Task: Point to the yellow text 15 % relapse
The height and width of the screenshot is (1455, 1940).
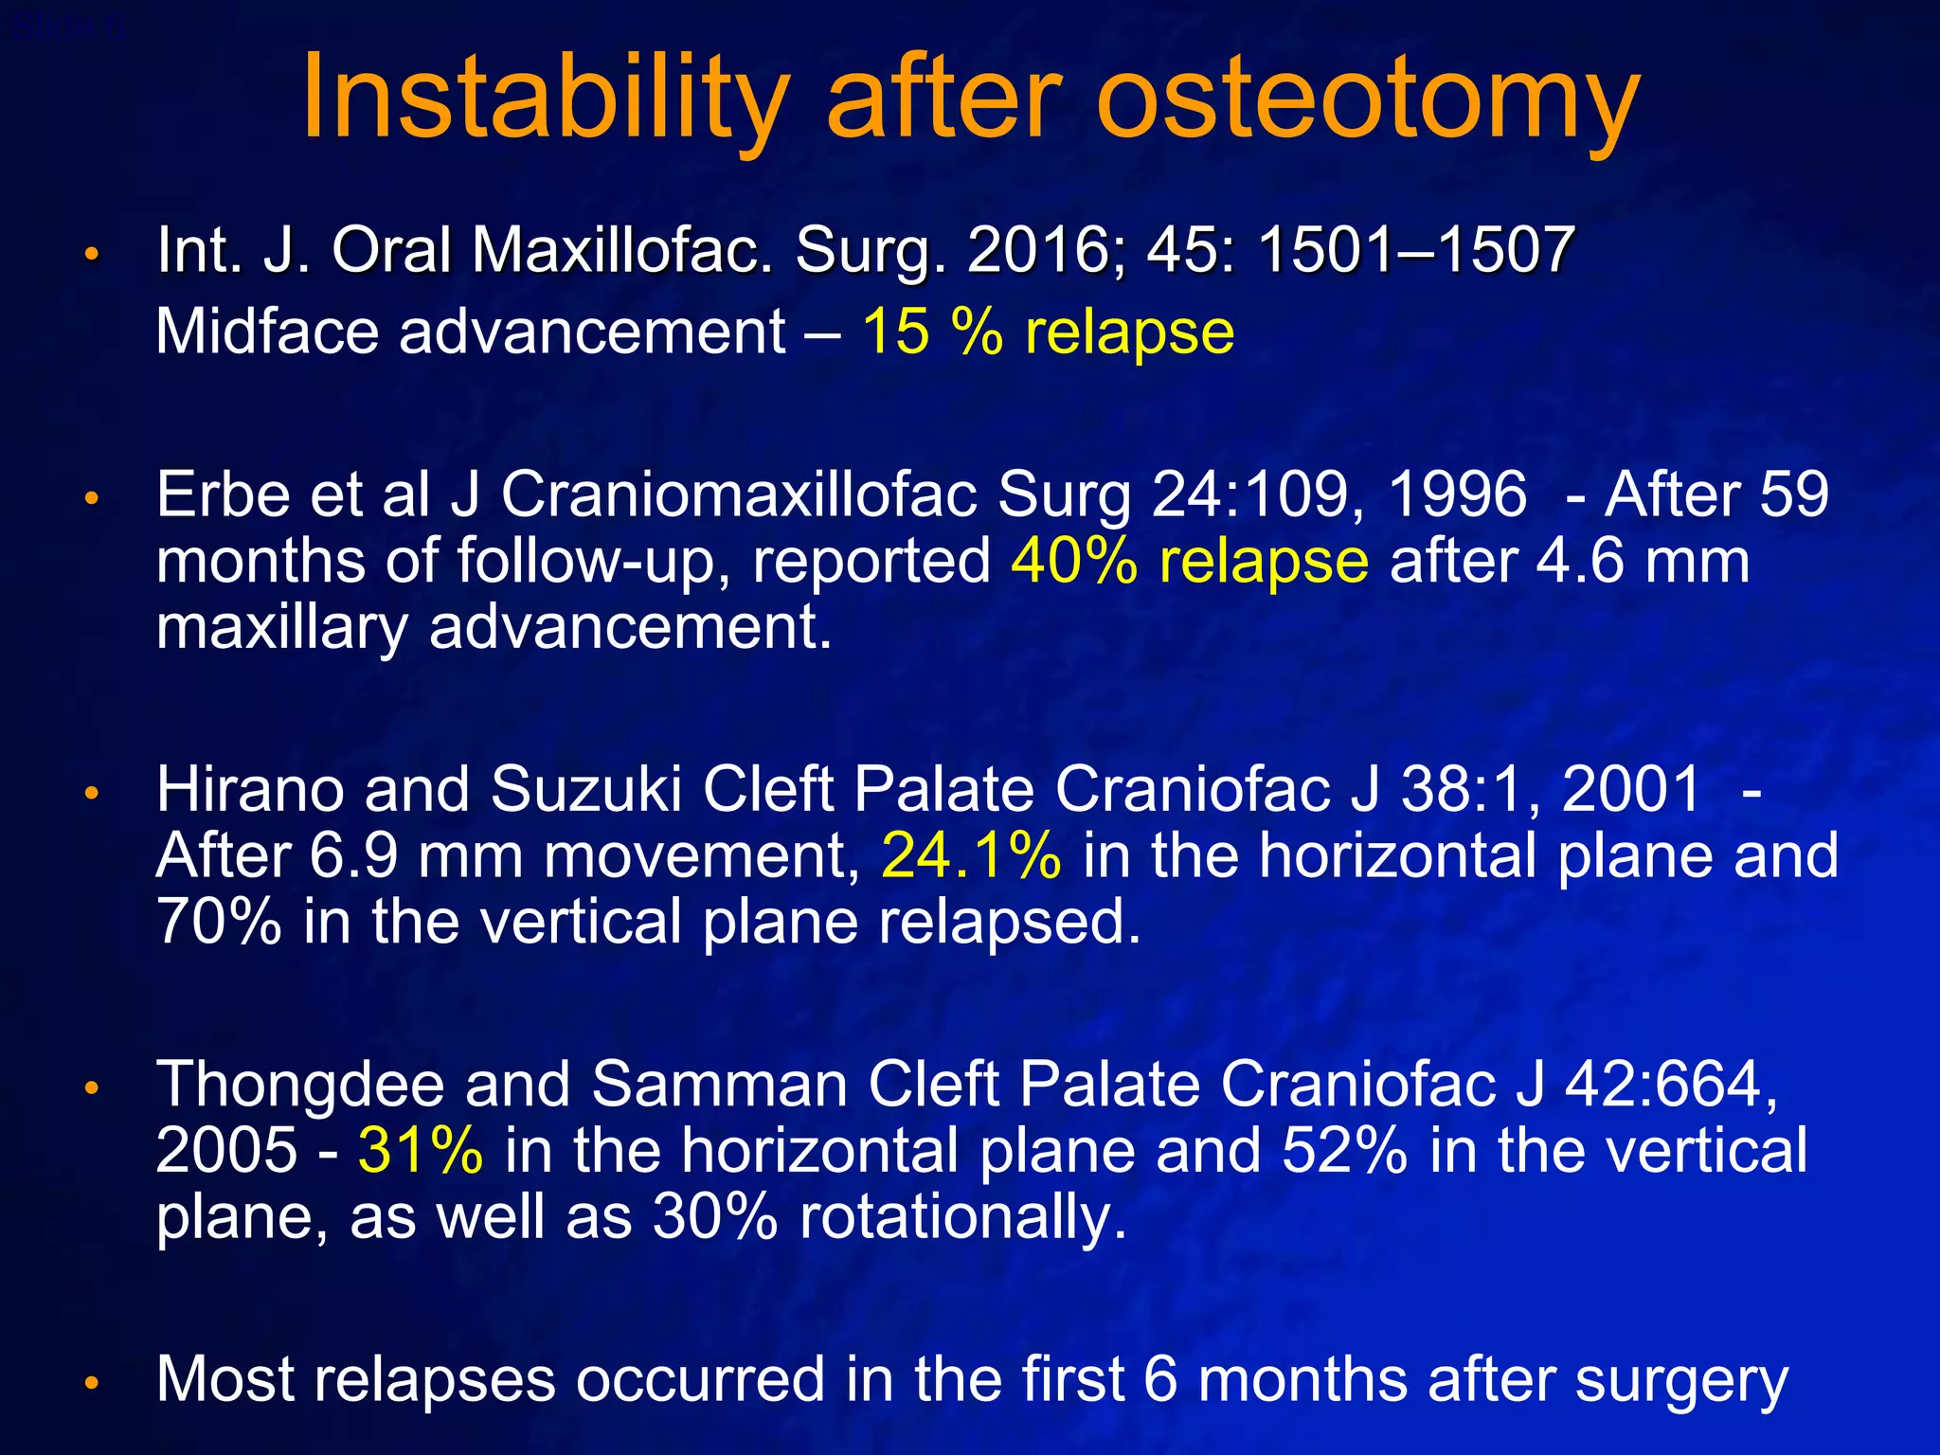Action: (x=1048, y=332)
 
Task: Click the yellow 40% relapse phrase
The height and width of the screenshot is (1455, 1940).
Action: (x=1190, y=562)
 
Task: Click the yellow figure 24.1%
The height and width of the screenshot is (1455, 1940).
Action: (x=972, y=855)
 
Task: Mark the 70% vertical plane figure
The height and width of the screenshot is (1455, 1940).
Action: (x=219, y=922)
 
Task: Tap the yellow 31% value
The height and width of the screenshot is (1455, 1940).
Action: (x=421, y=1150)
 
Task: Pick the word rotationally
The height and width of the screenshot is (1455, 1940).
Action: (x=964, y=1218)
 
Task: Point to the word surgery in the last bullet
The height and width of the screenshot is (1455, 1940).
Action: (x=1681, y=1381)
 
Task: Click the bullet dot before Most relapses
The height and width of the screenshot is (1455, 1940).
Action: (x=91, y=1384)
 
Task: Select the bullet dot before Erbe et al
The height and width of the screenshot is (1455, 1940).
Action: (x=91, y=498)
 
